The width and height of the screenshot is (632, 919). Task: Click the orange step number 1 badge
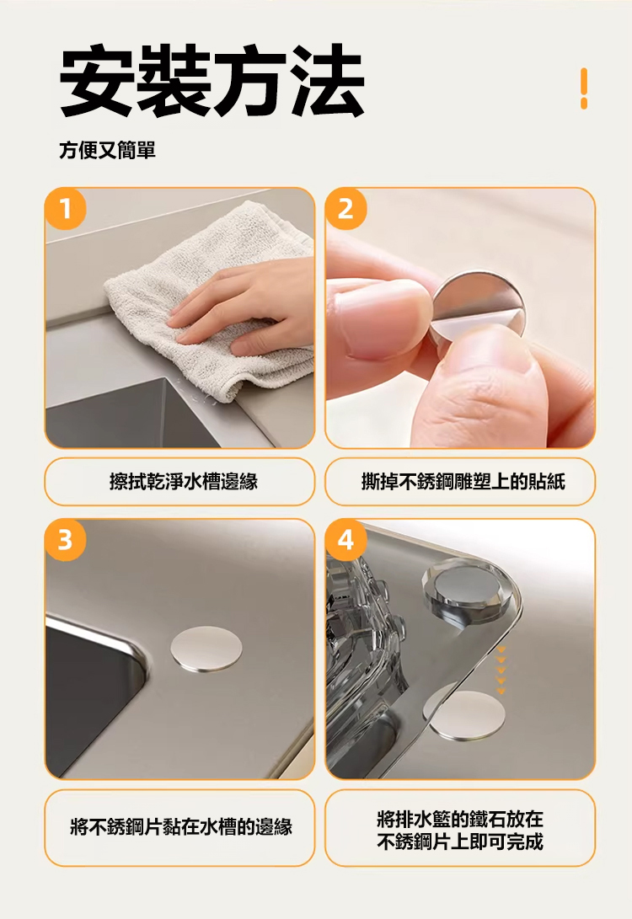coord(66,208)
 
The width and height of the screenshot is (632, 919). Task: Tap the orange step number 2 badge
coord(345,208)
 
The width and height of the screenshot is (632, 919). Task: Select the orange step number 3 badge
coord(66,539)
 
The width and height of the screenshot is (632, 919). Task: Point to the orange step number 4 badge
coord(345,539)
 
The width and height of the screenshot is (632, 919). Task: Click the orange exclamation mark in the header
coord(583,88)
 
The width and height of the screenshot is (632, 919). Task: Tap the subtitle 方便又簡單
coord(107,150)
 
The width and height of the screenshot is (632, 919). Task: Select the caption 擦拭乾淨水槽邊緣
coord(184,482)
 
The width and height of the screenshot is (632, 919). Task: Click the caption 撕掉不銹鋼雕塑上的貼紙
coord(463,482)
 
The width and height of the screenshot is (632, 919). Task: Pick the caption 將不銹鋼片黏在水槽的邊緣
coord(180,827)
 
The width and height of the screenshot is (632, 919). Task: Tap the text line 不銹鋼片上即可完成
coord(460,842)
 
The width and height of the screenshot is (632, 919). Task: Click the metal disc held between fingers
coord(475,306)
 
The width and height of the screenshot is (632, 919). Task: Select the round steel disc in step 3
coord(206,649)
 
